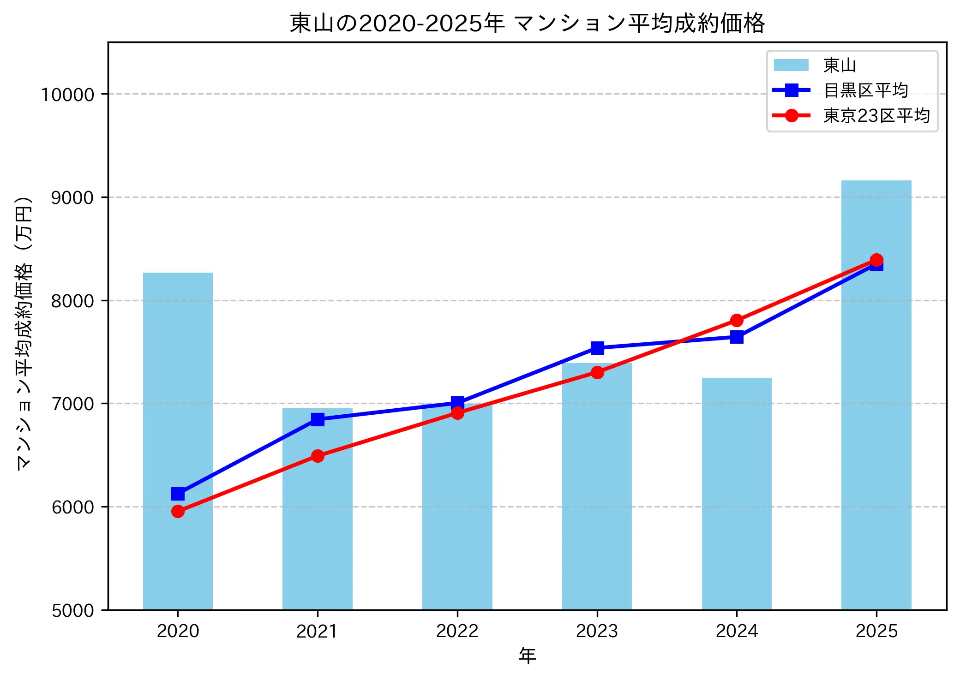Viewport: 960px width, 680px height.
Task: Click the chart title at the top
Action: point(527,23)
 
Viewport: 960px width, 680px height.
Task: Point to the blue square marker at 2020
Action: point(178,494)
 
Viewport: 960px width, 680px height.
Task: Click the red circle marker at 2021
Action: point(318,456)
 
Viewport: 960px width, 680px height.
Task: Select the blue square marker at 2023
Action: point(597,348)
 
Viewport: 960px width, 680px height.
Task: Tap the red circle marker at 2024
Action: point(737,320)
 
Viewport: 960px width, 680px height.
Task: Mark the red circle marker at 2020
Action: point(178,511)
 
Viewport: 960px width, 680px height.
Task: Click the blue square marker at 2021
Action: point(318,419)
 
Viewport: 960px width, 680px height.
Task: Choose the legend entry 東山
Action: point(839,66)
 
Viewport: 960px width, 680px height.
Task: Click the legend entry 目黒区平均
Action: point(865,90)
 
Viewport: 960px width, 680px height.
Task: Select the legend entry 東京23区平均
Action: point(876,115)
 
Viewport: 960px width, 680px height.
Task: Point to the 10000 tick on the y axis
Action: point(67,95)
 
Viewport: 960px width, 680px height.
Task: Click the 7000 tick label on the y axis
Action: point(72,404)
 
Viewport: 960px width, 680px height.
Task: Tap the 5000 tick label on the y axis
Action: point(72,610)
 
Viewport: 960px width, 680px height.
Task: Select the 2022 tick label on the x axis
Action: point(457,631)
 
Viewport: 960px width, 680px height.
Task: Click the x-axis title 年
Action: point(527,656)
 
